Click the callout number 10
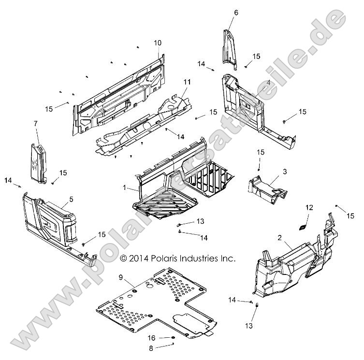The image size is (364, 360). point(158,43)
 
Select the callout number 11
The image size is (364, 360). point(174,83)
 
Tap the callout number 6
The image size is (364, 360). point(236,12)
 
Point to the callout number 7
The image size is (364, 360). point(35,124)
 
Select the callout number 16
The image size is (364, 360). point(151,338)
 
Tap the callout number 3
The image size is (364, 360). point(285,172)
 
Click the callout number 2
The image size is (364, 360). point(279,237)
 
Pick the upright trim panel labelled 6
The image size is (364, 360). point(231,48)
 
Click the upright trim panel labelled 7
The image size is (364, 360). point(39,162)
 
